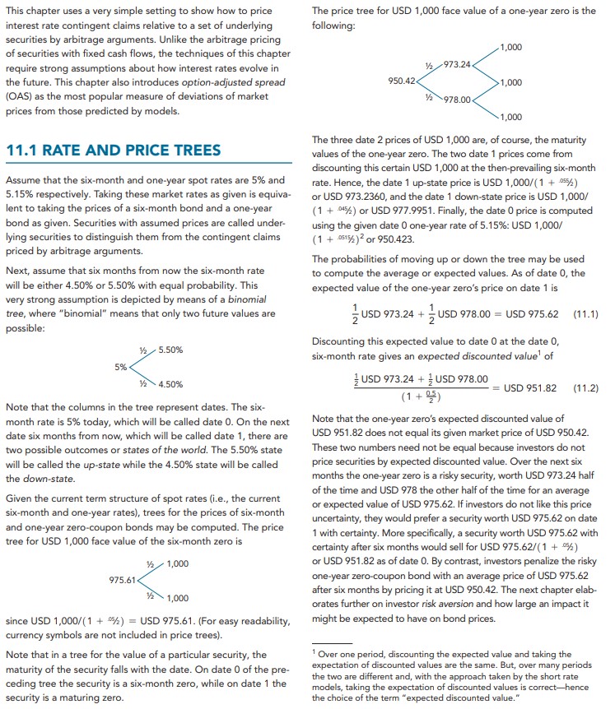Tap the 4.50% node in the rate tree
[x=171, y=384]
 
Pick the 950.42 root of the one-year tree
[x=403, y=81]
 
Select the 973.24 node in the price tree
[x=457, y=63]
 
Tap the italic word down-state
[x=33, y=478]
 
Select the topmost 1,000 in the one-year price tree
[x=510, y=47]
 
